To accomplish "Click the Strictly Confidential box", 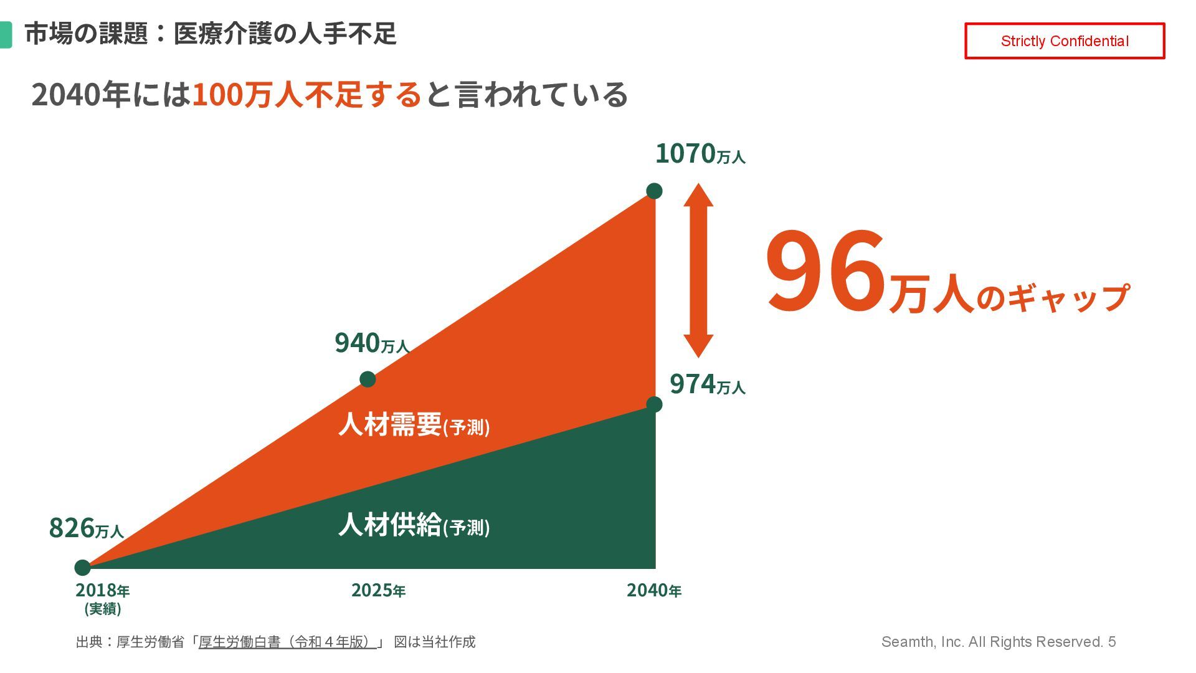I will click(x=1064, y=41).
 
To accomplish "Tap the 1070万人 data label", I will click(x=700, y=154).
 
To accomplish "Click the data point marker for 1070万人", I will click(x=654, y=191).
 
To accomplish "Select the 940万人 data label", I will click(x=371, y=343).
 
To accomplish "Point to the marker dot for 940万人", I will click(x=368, y=379).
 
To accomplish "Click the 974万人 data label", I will click(x=707, y=384).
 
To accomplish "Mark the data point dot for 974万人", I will click(x=654, y=404).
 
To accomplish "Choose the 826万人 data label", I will click(x=86, y=528).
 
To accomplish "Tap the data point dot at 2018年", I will click(x=82, y=568).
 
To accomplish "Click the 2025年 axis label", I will click(x=378, y=590).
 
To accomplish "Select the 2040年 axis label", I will click(x=653, y=590).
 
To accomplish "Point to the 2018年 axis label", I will click(x=102, y=591).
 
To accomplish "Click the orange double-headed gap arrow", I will click(x=698, y=270).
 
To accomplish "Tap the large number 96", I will click(x=825, y=272).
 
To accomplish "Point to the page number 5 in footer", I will click(x=1112, y=642).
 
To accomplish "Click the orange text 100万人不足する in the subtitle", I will click(x=306, y=95).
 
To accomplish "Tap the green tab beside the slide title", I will click(x=6, y=34).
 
